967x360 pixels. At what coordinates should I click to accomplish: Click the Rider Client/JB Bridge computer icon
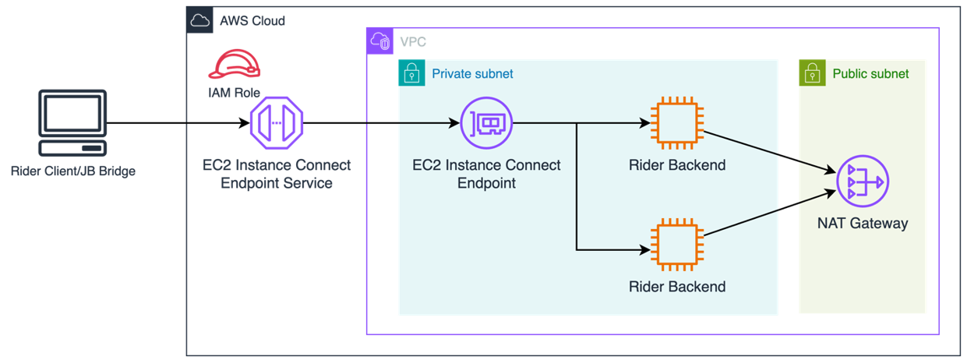[72, 123]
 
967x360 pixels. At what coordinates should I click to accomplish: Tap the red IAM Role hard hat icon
[234, 64]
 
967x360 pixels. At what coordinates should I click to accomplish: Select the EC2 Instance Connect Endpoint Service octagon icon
[276, 123]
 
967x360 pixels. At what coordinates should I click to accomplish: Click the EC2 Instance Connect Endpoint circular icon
[486, 123]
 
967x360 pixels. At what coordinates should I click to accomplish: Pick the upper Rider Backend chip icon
[677, 123]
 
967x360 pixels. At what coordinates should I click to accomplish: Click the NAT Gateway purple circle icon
[862, 183]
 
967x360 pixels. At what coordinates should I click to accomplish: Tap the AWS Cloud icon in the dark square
[200, 20]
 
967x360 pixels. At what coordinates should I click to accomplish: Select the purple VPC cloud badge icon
[380, 41]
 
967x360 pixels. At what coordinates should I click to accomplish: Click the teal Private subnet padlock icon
[412, 74]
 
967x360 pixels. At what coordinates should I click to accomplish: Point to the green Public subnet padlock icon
[813, 74]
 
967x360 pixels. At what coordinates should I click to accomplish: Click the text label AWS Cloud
[252, 21]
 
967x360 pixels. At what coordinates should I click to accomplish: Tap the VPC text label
[413, 42]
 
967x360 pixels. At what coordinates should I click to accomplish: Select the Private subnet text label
[472, 74]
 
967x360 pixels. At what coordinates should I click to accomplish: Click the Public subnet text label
[870, 74]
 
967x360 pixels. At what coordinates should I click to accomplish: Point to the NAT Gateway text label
[862, 224]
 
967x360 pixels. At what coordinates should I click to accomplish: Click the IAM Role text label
[234, 93]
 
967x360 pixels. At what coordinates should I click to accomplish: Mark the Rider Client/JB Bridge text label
[73, 171]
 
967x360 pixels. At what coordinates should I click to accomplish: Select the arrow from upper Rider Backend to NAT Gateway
[768, 151]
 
